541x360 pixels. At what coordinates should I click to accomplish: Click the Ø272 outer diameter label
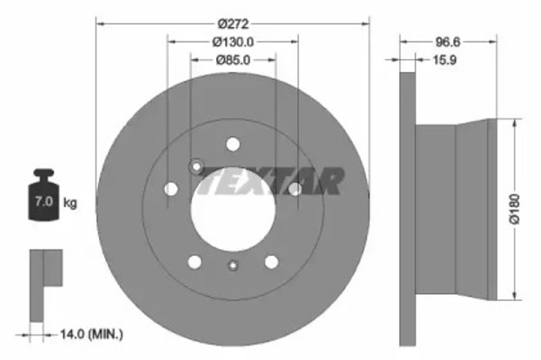click(232, 24)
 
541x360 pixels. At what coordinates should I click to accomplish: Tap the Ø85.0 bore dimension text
click(232, 60)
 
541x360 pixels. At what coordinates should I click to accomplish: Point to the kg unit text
click(71, 203)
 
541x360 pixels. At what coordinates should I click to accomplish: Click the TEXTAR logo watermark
click(270, 181)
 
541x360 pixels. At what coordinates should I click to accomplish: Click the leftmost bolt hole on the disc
click(171, 189)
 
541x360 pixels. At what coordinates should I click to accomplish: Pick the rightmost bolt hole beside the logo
click(294, 188)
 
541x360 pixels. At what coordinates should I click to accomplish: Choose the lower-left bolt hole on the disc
click(194, 262)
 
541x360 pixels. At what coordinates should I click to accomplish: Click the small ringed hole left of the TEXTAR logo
click(196, 166)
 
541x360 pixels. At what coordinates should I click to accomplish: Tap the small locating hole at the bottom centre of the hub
click(232, 267)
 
